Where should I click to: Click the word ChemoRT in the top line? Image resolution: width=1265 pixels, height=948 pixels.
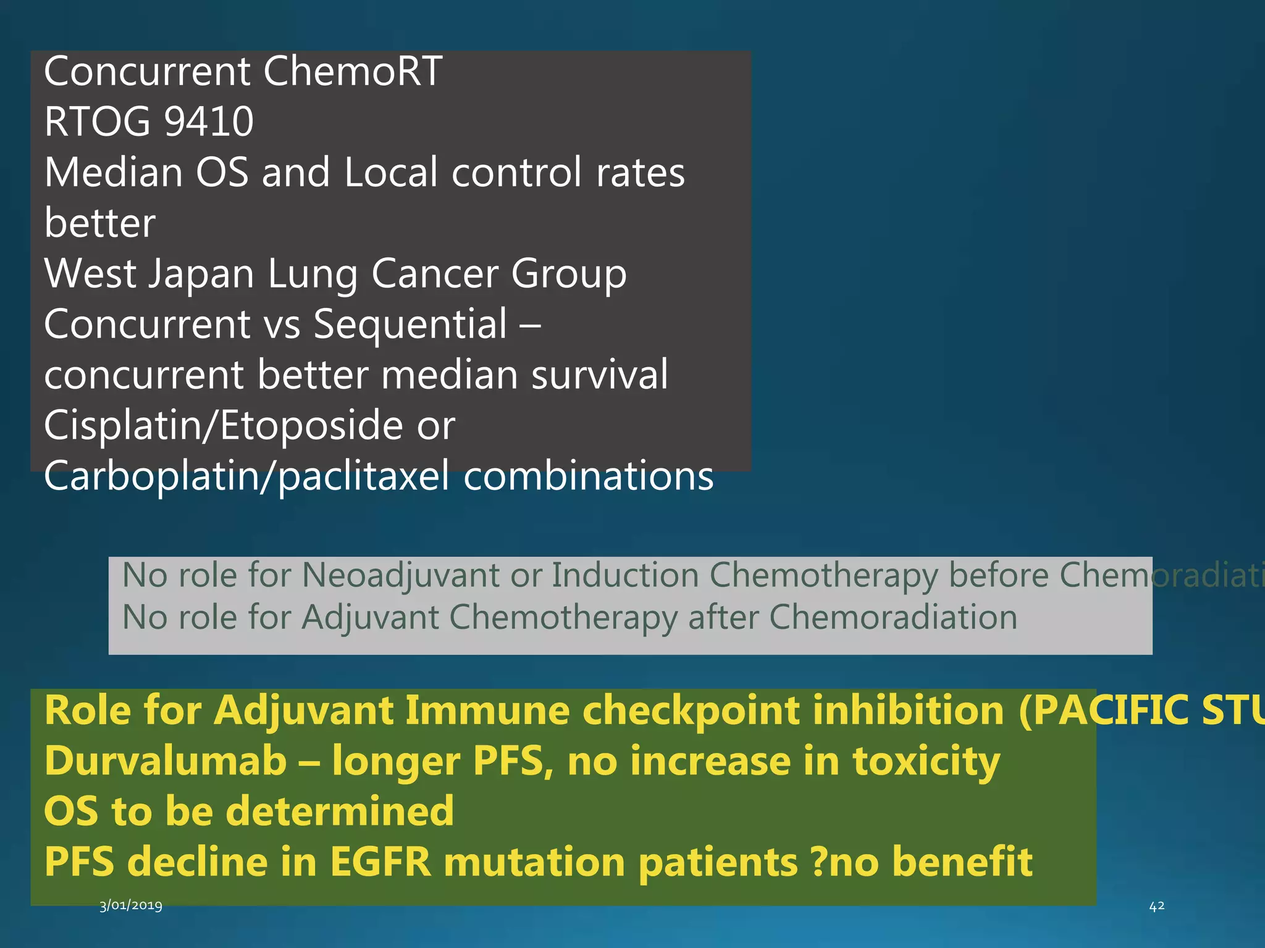[x=353, y=72]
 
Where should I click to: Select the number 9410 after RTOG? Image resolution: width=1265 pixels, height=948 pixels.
[x=209, y=122]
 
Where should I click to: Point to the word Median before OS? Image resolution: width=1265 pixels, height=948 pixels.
[x=113, y=172]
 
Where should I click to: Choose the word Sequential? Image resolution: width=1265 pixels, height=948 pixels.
[x=410, y=325]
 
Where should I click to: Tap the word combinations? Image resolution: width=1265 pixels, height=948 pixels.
[x=588, y=477]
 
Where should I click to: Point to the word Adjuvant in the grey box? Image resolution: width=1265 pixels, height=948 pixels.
[x=369, y=618]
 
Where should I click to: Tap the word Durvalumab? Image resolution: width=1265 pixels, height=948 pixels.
[x=166, y=761]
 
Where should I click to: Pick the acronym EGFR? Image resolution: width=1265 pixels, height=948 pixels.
[x=380, y=862]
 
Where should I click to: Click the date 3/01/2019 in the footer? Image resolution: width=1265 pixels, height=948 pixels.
[x=131, y=905]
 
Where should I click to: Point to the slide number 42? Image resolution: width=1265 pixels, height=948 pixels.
[x=1156, y=906]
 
